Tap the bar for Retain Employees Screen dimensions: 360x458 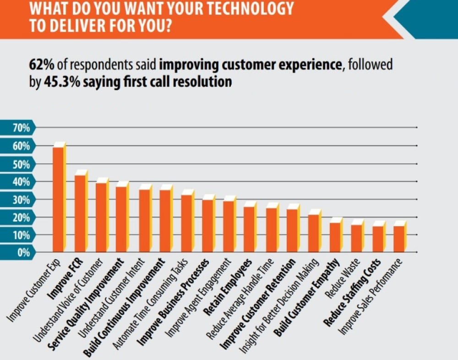tap(249, 229)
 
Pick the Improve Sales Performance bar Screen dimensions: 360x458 tap(399, 239)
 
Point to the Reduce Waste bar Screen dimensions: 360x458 tap(356, 238)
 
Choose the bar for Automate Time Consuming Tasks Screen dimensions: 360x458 tap(186, 224)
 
